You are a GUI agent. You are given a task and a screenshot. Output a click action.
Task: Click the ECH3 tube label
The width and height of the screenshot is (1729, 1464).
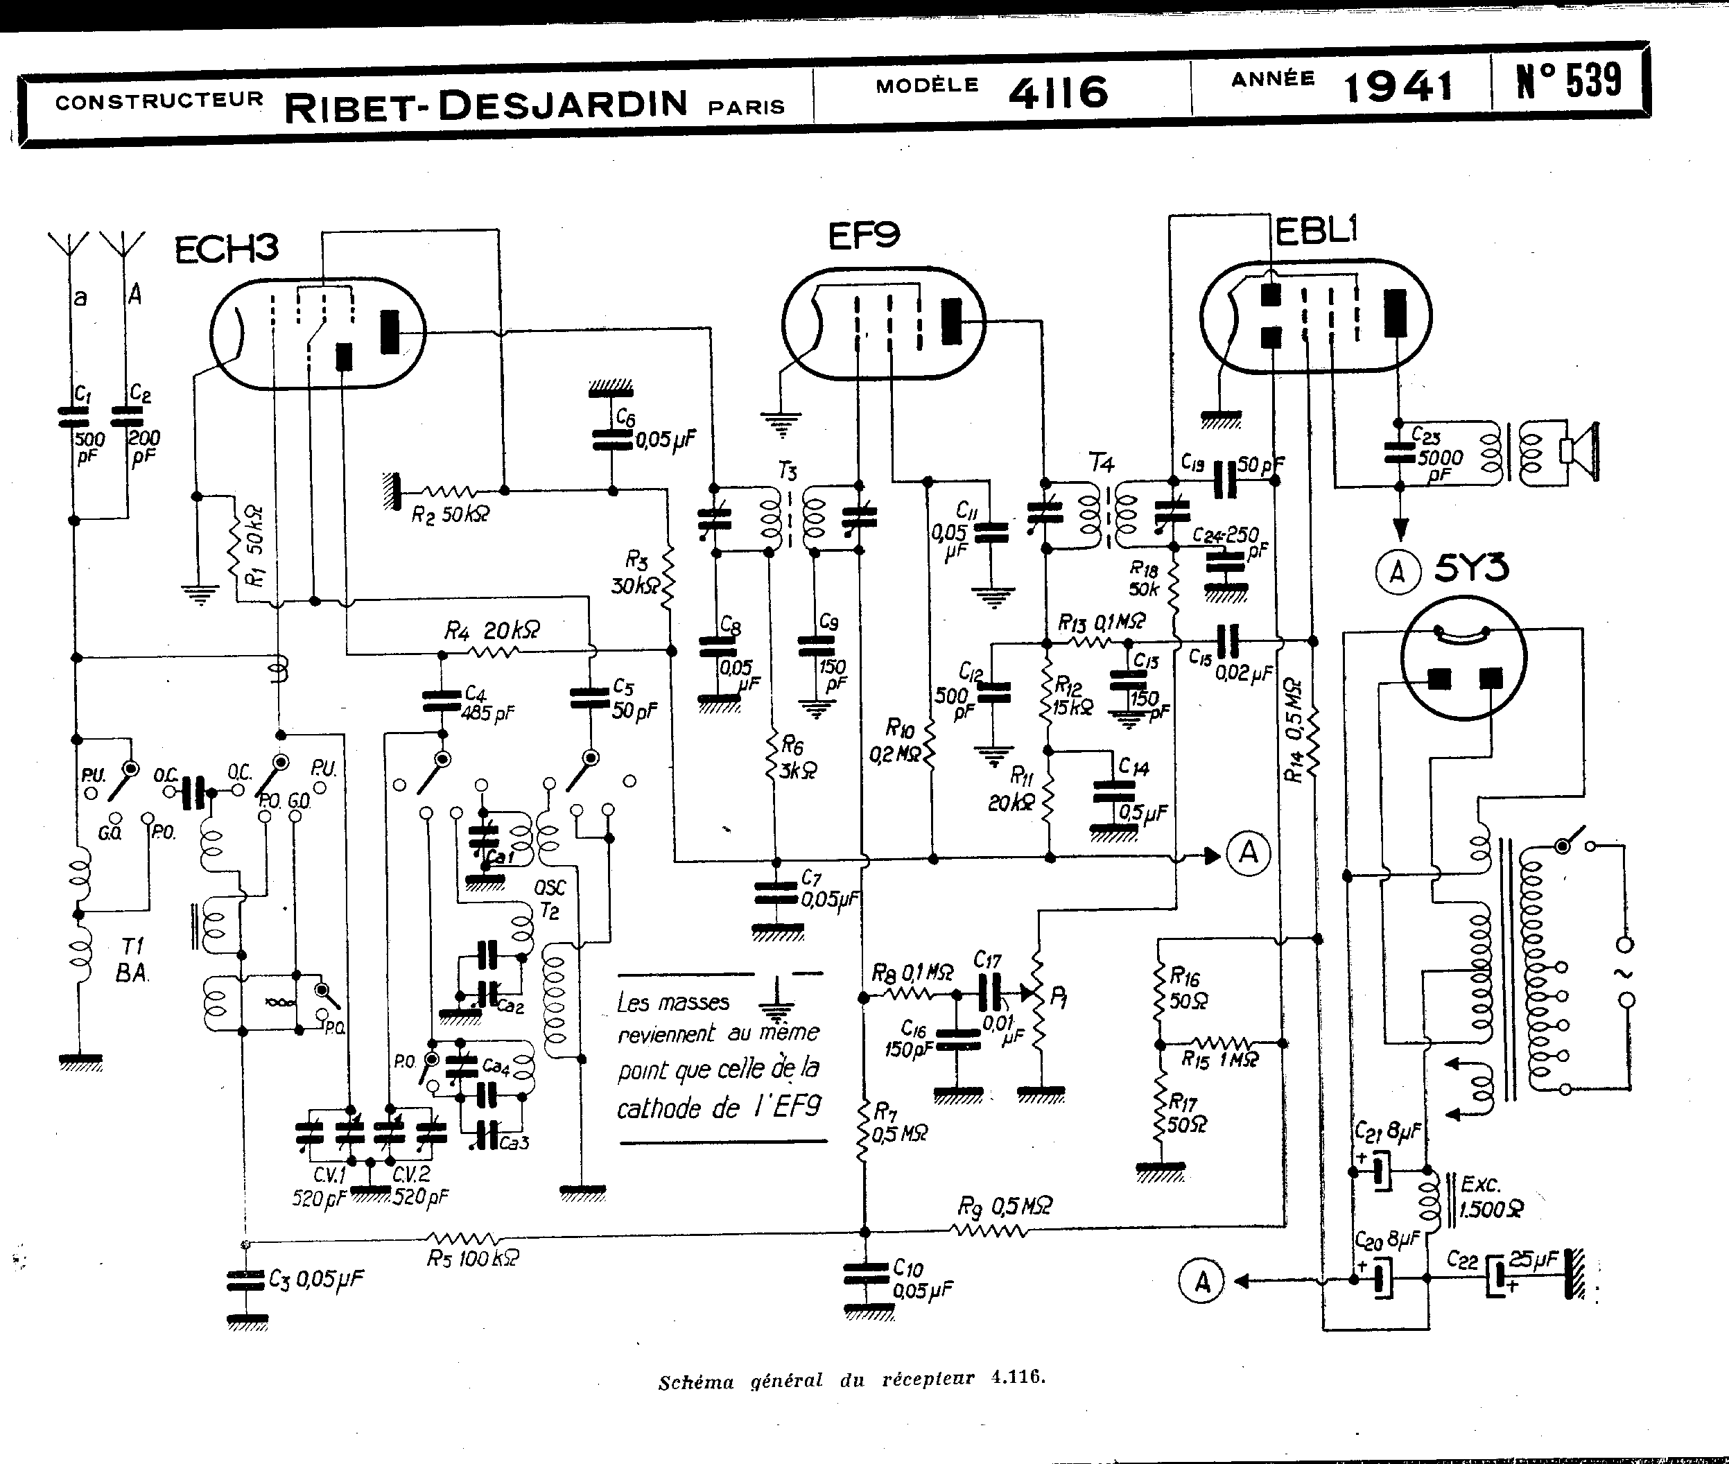pyautogui.click(x=226, y=248)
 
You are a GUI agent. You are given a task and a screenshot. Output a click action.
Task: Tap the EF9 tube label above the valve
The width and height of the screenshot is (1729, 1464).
pyautogui.click(x=863, y=236)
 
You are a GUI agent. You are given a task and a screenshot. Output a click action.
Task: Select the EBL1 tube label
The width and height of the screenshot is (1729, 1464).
pyautogui.click(x=1316, y=231)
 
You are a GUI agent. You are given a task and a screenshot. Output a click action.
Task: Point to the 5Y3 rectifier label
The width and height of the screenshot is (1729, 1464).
pyautogui.click(x=1471, y=569)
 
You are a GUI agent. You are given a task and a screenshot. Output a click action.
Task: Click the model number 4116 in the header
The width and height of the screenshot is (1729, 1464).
pyautogui.click(x=1059, y=92)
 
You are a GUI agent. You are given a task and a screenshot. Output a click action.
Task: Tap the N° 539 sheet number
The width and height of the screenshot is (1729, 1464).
pyautogui.click(x=1569, y=81)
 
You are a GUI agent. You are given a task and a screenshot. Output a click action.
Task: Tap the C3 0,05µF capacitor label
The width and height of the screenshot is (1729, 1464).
pyautogui.click(x=315, y=1279)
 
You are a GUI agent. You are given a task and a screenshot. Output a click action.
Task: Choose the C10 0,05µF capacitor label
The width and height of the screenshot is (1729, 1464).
pyautogui.click(x=921, y=1279)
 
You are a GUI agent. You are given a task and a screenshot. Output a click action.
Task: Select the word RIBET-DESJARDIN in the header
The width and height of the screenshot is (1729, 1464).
pyautogui.click(x=485, y=105)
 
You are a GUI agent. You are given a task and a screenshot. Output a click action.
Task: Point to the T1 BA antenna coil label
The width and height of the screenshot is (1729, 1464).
pyautogui.click(x=132, y=959)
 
